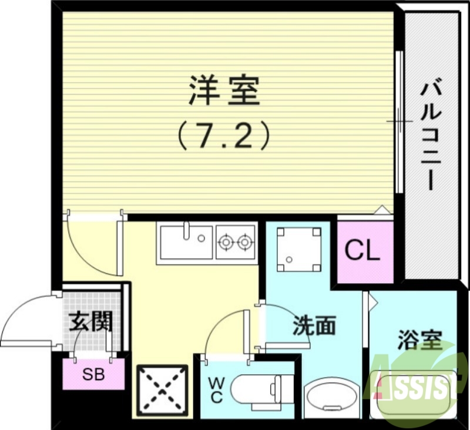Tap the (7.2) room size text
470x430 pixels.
pyautogui.click(x=224, y=136)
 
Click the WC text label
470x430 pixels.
pyautogui.click(x=216, y=390)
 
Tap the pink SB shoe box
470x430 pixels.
pyautogui.click(x=93, y=373)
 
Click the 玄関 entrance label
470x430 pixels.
pyautogui.click(x=90, y=322)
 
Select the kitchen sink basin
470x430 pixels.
pyautogui.click(x=184, y=241)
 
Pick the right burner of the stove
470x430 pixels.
pyautogui.click(x=244, y=241)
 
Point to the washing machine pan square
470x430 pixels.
pyautogui.click(x=299, y=249)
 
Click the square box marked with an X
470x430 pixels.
pyautogui.click(x=163, y=389)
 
